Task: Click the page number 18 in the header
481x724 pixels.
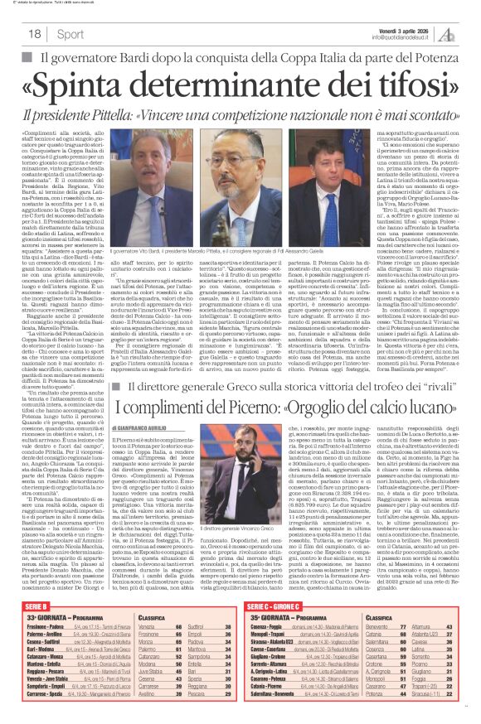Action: click(x=35, y=34)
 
